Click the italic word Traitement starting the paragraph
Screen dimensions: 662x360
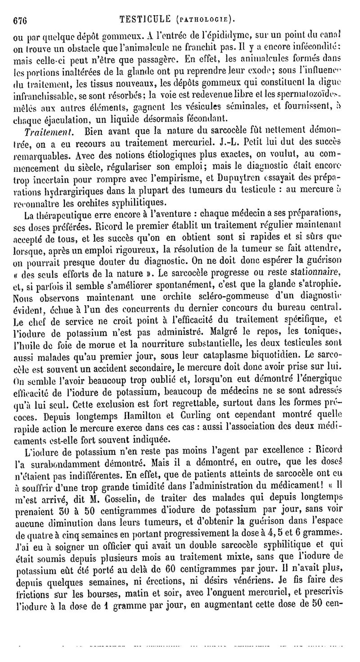[46, 132]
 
